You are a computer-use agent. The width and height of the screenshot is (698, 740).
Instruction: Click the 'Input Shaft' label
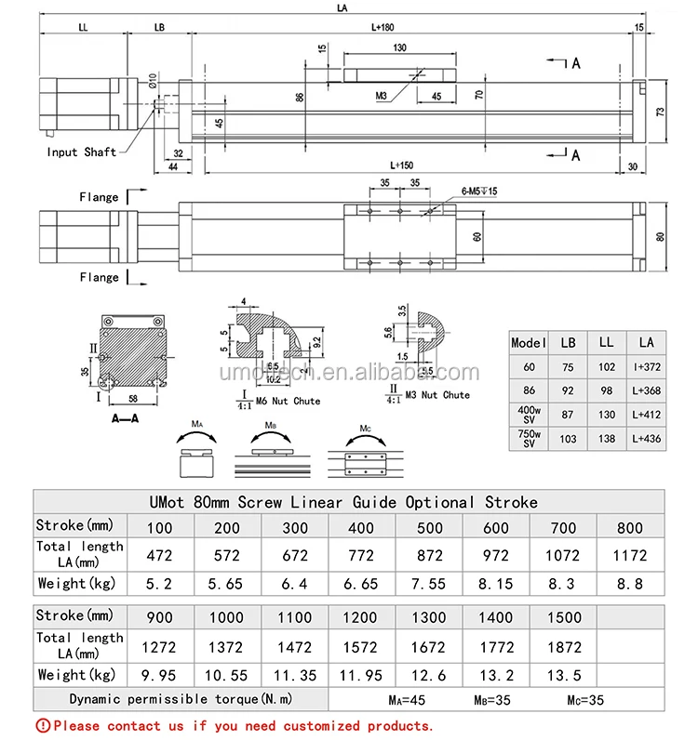coord(82,152)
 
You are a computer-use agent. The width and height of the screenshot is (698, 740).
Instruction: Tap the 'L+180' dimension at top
coord(383,27)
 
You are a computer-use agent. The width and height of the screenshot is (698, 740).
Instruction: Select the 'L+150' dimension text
coord(401,165)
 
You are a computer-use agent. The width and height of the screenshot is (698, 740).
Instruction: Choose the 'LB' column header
coord(568,343)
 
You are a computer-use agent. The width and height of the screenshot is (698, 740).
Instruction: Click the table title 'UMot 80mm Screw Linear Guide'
coord(342,502)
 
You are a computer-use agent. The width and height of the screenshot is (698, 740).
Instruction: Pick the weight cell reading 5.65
coord(227,584)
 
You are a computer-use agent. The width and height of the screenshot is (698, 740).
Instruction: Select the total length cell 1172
coord(630,555)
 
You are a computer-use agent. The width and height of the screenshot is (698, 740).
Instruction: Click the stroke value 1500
coord(562,616)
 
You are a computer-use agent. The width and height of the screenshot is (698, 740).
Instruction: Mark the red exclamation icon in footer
coord(42,726)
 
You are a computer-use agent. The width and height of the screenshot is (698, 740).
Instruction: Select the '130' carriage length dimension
coord(400,48)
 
